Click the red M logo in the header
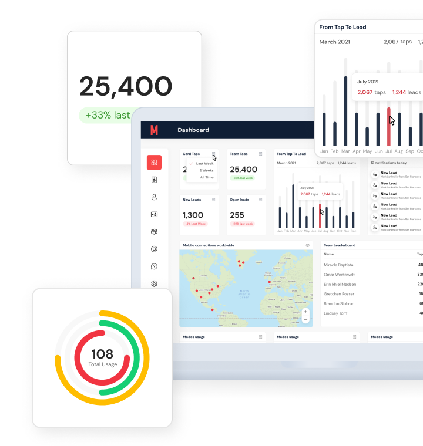(x=154, y=130)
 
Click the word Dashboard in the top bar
(x=193, y=130)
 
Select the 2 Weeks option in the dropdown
(x=206, y=170)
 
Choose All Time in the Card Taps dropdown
(x=207, y=177)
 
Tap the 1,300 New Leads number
(x=193, y=215)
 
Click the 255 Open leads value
(x=237, y=215)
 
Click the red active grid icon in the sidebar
(x=154, y=163)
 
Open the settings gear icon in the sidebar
(x=154, y=283)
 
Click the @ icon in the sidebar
(x=154, y=249)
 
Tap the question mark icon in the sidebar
(x=154, y=266)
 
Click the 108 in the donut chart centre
(x=102, y=353)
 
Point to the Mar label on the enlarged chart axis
(x=345, y=151)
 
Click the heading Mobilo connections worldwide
(x=209, y=245)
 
